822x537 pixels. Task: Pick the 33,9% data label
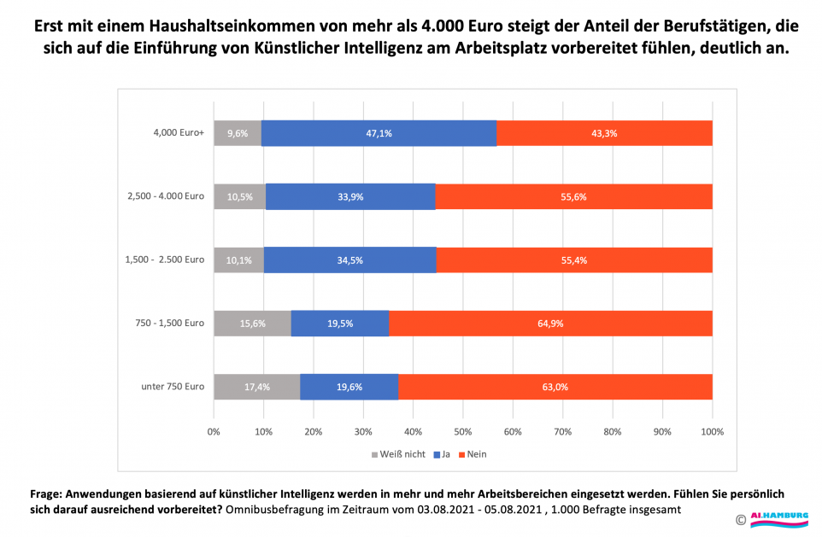click(x=350, y=196)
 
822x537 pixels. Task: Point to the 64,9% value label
click(x=550, y=324)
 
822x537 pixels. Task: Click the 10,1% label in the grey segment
click(x=239, y=260)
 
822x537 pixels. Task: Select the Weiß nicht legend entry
click(x=398, y=454)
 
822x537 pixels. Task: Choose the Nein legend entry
click(x=473, y=454)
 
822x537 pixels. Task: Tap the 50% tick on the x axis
click(x=463, y=431)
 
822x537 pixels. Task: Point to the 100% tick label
click(x=712, y=431)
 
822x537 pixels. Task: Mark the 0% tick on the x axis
click(x=214, y=431)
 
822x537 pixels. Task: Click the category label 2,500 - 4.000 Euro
click(x=164, y=196)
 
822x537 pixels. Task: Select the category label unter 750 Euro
click(x=173, y=387)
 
